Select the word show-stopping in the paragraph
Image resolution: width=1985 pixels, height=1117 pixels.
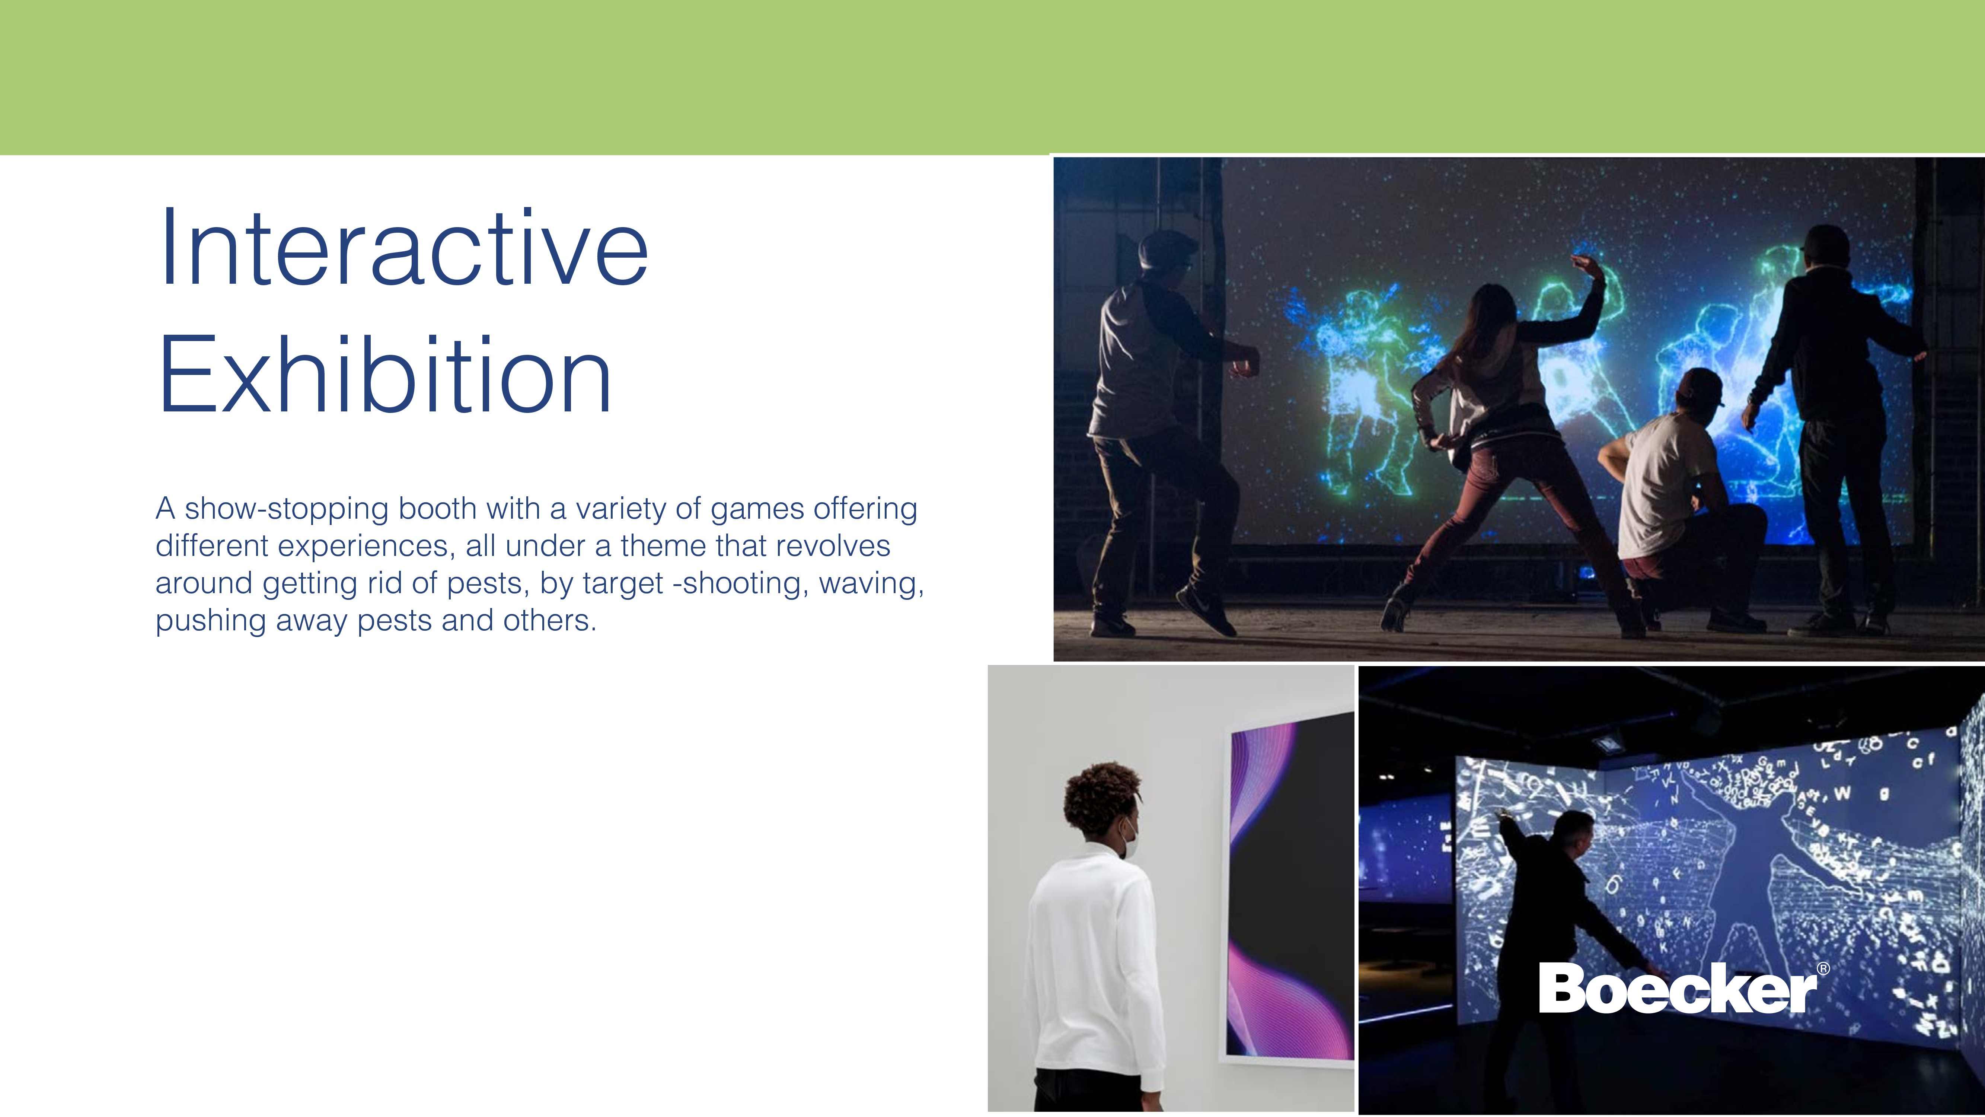(x=287, y=510)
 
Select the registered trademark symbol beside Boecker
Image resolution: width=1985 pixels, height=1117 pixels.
(x=1823, y=968)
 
